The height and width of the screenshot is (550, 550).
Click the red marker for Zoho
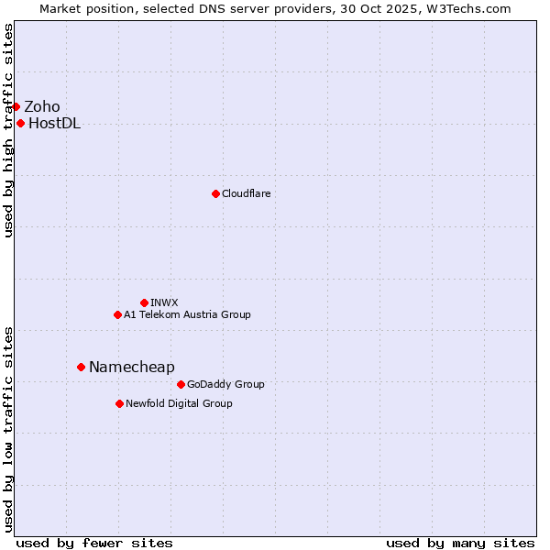pyautogui.click(x=16, y=106)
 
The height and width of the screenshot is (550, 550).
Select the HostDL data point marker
pyautogui.click(x=20, y=124)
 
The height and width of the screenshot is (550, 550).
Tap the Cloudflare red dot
pyautogui.click(x=215, y=193)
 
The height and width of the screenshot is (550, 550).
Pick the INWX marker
pyautogui.click(x=144, y=302)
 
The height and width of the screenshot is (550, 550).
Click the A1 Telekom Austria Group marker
pyautogui.click(x=117, y=314)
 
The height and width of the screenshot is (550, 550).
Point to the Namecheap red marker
pyautogui.click(x=81, y=367)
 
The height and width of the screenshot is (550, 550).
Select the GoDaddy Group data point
pyautogui.click(x=181, y=384)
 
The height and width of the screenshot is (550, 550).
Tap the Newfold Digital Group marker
pyautogui.click(x=119, y=403)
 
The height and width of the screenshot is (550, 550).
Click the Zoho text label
pyautogui.click(x=42, y=106)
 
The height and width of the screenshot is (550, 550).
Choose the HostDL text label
pyautogui.click(x=55, y=124)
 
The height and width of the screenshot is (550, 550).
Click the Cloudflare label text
pyautogui.click(x=247, y=193)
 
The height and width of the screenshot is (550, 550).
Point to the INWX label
pyautogui.click(x=164, y=302)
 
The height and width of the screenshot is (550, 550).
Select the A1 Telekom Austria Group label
pyautogui.click(x=187, y=314)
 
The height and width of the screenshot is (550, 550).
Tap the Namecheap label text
pyautogui.click(x=132, y=367)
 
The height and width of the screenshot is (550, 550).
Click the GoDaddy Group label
pyautogui.click(x=225, y=384)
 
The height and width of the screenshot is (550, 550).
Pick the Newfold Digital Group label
pyautogui.click(x=179, y=403)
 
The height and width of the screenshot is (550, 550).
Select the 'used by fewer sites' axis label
pyautogui.click(x=94, y=543)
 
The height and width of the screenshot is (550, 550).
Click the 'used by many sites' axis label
pyautogui.click(x=459, y=543)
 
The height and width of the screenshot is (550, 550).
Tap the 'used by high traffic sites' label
pyautogui.click(x=8, y=130)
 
